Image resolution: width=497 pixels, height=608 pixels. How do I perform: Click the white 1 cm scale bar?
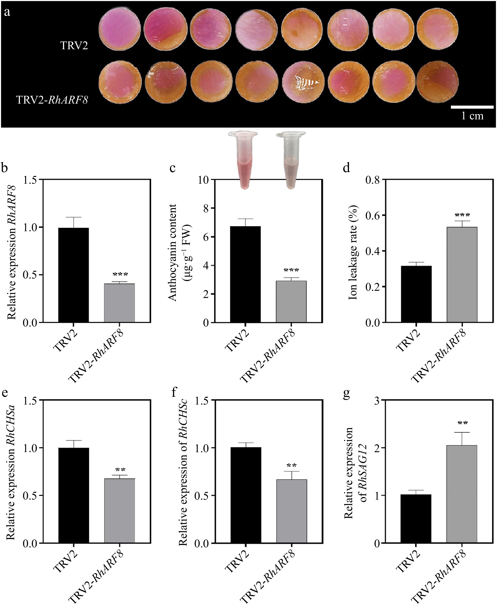click(x=472, y=107)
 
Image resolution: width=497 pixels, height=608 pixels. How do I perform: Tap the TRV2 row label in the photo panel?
click(x=74, y=46)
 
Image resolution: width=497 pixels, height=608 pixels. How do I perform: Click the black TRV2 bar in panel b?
click(x=74, y=275)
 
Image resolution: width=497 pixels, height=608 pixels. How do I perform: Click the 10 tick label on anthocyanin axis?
click(x=204, y=180)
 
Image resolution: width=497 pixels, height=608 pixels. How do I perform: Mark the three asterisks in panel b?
click(x=120, y=274)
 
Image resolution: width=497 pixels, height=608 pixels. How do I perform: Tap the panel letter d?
click(x=346, y=168)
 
